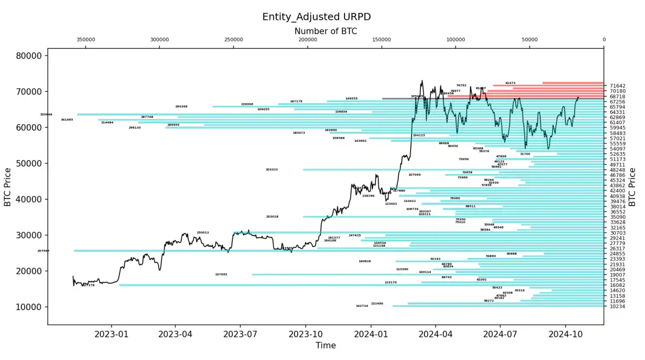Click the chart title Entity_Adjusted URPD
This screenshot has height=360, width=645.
point(316,17)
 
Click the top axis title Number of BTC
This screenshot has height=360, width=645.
point(325,31)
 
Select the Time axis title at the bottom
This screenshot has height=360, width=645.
point(325,345)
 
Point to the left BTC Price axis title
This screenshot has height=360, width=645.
point(8,186)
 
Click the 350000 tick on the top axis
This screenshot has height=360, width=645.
point(85,40)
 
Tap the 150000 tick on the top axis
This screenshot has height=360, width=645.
point(382,40)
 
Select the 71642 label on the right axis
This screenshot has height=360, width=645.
point(618,86)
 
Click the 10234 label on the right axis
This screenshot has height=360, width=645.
point(618,306)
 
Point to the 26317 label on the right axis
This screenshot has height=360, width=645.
point(618,249)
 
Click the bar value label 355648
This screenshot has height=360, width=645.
point(46,114)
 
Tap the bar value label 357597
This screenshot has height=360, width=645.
point(43,251)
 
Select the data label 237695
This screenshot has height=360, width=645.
point(221,275)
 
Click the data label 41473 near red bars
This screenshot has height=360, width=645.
point(510,83)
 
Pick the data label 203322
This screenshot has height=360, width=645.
point(271,170)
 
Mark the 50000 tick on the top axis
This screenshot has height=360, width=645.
point(529,40)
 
